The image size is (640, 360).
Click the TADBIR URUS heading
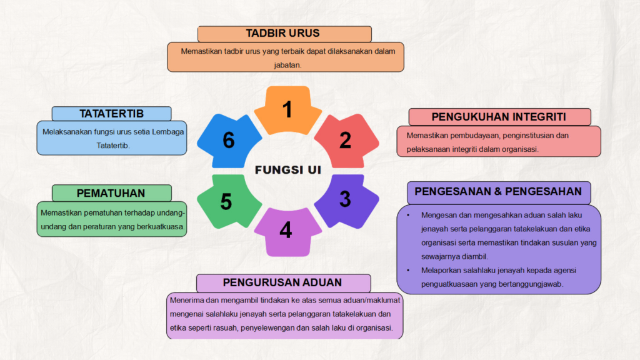tap(282, 33)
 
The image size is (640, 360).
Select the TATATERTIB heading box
tap(111, 114)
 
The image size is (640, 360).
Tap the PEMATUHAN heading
tap(111, 193)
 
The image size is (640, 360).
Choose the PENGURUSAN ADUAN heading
tap(282, 282)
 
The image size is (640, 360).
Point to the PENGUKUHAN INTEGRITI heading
tap(498, 117)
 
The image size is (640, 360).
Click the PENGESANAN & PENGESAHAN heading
tap(498, 191)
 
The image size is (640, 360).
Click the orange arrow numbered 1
tap(287, 110)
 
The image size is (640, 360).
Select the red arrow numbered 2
tap(347, 141)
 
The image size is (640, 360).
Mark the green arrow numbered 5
tap(229, 201)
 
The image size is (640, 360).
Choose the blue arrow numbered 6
tap(229, 141)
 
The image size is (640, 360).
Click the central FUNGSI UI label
tap(287, 170)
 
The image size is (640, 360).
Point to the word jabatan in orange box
tap(287, 65)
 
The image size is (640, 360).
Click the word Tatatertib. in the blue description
tap(112, 145)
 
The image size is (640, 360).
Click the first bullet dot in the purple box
tap(408, 215)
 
